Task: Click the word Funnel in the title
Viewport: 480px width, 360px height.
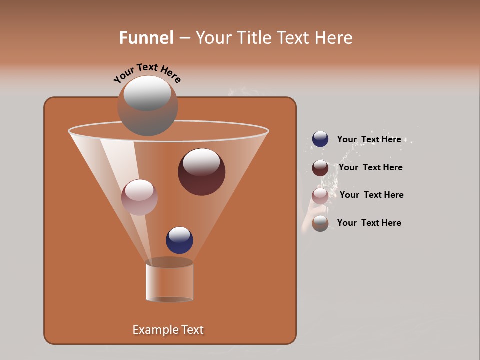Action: [x=146, y=38]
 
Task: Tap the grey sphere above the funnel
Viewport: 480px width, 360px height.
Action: [x=147, y=106]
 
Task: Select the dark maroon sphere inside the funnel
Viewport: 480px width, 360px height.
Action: [x=202, y=172]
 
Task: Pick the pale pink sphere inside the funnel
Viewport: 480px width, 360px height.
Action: [x=139, y=197]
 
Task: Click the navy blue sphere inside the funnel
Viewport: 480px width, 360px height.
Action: [x=179, y=240]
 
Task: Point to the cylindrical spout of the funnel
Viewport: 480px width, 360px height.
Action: [x=169, y=281]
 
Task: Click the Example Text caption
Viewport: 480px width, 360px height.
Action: [x=168, y=330]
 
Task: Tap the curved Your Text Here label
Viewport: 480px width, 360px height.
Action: [x=147, y=73]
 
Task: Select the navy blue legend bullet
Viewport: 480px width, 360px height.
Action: [x=320, y=139]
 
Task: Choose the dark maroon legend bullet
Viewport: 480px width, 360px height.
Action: [x=320, y=168]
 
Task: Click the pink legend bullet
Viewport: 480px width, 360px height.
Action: [x=320, y=196]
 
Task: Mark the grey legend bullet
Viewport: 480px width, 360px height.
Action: [x=320, y=223]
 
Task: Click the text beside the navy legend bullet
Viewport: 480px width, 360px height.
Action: [x=369, y=140]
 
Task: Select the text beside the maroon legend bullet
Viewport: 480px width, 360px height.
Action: [x=370, y=167]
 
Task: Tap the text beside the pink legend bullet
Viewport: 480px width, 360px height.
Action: [x=371, y=195]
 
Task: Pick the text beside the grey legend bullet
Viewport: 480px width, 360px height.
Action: [x=369, y=223]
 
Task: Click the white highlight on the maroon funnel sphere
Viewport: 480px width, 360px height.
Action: [x=201, y=162]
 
